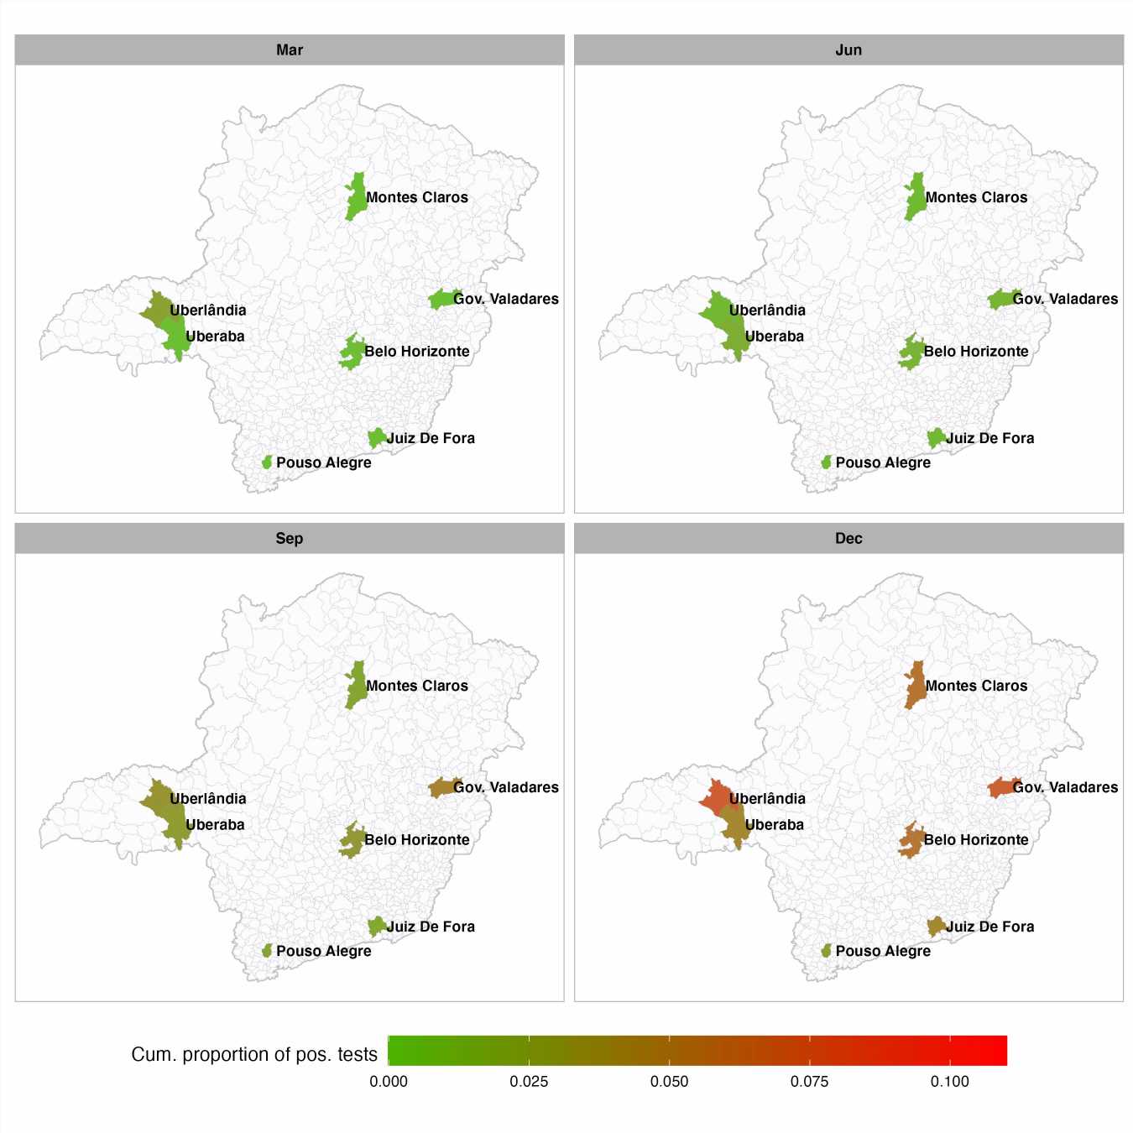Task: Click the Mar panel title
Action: pyautogui.click(x=290, y=50)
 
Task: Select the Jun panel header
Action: pyautogui.click(x=848, y=50)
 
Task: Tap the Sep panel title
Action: pyautogui.click(x=290, y=539)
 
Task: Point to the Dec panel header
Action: pyautogui.click(x=848, y=539)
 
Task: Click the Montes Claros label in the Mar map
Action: pyautogui.click(x=417, y=198)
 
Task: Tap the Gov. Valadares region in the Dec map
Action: pyautogui.click(x=1000, y=787)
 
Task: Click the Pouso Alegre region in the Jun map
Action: pyautogui.click(x=827, y=462)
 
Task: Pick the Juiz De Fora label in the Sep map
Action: pyautogui.click(x=431, y=927)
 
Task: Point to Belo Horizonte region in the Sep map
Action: pyautogui.click(x=352, y=840)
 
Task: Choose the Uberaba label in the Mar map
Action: pyautogui.click(x=215, y=337)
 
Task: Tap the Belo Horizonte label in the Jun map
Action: pyautogui.click(x=976, y=352)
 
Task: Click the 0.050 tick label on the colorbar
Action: pyautogui.click(x=669, y=1082)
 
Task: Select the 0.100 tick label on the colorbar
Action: pyautogui.click(x=949, y=1082)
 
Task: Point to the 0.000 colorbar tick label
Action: pyautogui.click(x=389, y=1082)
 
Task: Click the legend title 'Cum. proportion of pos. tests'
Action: pyautogui.click(x=254, y=1055)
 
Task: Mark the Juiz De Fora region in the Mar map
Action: pyautogui.click(x=377, y=438)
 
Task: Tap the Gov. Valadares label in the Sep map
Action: pyautogui.click(x=506, y=787)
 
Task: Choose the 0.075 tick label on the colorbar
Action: pyautogui.click(x=809, y=1082)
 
